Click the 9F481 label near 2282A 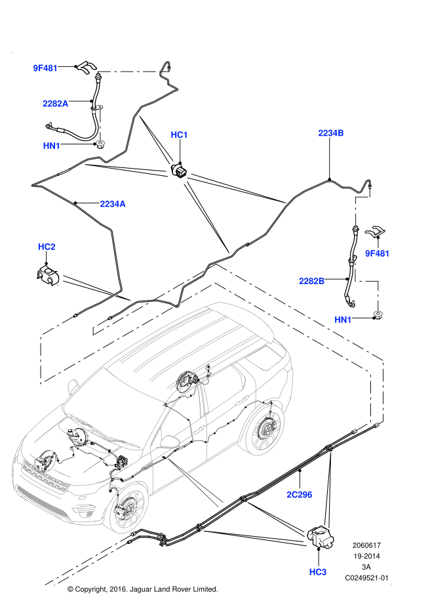(x=45, y=68)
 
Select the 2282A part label (x=55, y=104)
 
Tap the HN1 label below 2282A (x=51, y=146)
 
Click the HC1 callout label (x=179, y=135)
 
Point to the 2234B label (x=330, y=133)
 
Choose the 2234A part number (x=112, y=204)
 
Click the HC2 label (x=47, y=247)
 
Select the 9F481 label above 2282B (x=377, y=253)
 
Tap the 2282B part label (x=311, y=281)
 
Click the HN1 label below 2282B (x=343, y=320)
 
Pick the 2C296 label (x=299, y=495)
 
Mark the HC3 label (x=317, y=572)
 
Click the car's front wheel (x=129, y=510)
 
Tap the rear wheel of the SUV (x=265, y=432)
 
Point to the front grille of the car (x=43, y=477)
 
